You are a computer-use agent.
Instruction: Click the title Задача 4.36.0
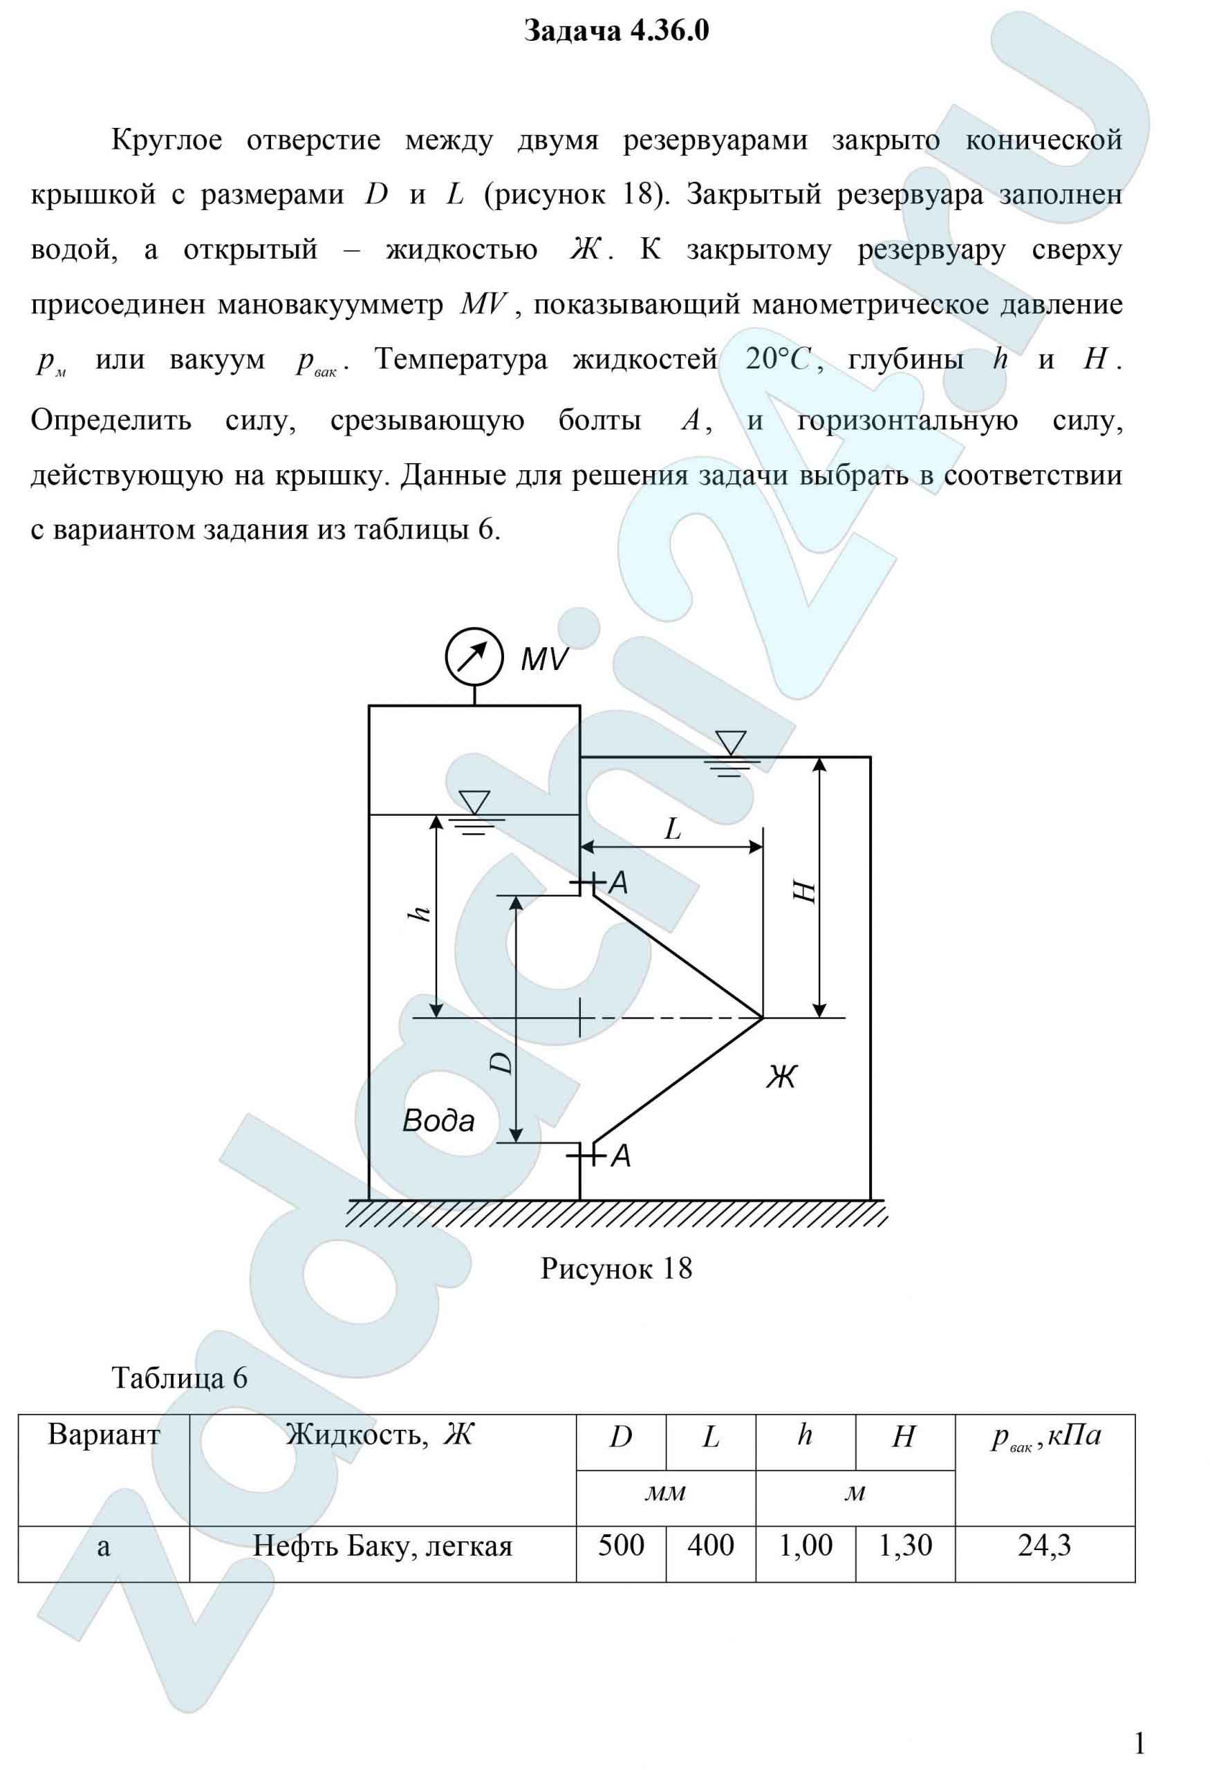[617, 32]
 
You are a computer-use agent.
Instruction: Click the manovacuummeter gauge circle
[474, 658]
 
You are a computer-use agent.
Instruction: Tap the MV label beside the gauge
[543, 660]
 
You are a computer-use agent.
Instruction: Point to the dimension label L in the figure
[672, 828]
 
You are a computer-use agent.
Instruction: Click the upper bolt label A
[619, 883]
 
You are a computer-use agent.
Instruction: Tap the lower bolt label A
[622, 1156]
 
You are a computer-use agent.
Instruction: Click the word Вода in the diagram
[438, 1120]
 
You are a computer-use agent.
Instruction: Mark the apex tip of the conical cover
[761, 1018]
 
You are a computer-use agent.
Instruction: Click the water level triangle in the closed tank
[474, 802]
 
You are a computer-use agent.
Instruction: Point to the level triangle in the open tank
[730, 743]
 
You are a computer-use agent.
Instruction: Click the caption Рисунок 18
[616, 1268]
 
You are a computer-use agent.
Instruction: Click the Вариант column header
[104, 1435]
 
